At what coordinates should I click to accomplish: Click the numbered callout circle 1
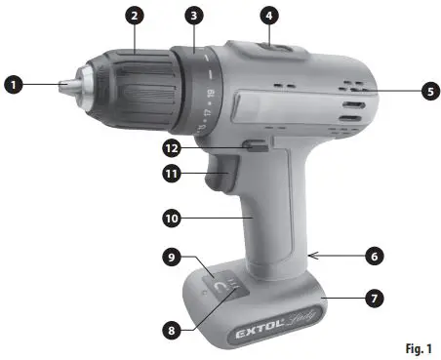pos(13,86)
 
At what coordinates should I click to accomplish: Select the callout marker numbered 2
pos(135,17)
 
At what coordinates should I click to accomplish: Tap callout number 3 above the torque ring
pos(196,17)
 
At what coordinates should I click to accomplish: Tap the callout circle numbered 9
pos(173,258)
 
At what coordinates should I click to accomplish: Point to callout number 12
pos(173,147)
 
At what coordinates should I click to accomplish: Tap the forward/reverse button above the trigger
pos(256,148)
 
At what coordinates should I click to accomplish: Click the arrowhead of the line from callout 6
pos(310,255)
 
